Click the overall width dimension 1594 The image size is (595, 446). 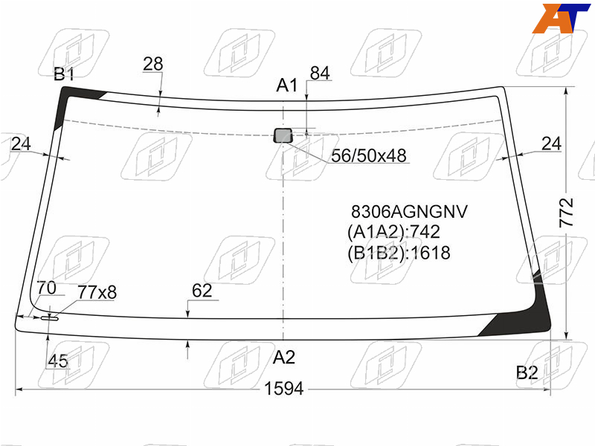coord(284,389)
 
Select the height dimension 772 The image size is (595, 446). coord(566,213)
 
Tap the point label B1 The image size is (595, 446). coord(64,74)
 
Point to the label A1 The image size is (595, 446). coord(287,85)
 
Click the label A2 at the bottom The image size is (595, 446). coord(284,358)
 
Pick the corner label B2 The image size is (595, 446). coord(527,373)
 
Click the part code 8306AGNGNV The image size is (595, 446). coord(410,212)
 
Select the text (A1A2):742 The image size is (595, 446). coord(393,232)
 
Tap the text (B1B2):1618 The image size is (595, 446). coord(399,253)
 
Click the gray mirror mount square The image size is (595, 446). coord(283,135)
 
